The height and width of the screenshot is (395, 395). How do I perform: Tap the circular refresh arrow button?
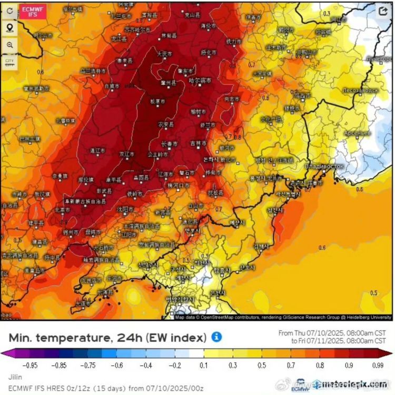9,11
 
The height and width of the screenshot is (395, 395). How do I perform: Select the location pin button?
9,28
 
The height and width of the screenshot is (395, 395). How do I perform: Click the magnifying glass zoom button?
9,45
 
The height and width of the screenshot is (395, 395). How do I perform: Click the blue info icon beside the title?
216,337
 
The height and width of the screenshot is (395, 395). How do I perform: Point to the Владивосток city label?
324,166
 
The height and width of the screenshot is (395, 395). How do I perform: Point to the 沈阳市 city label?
125,209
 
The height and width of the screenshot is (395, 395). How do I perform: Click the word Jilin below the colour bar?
15,377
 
